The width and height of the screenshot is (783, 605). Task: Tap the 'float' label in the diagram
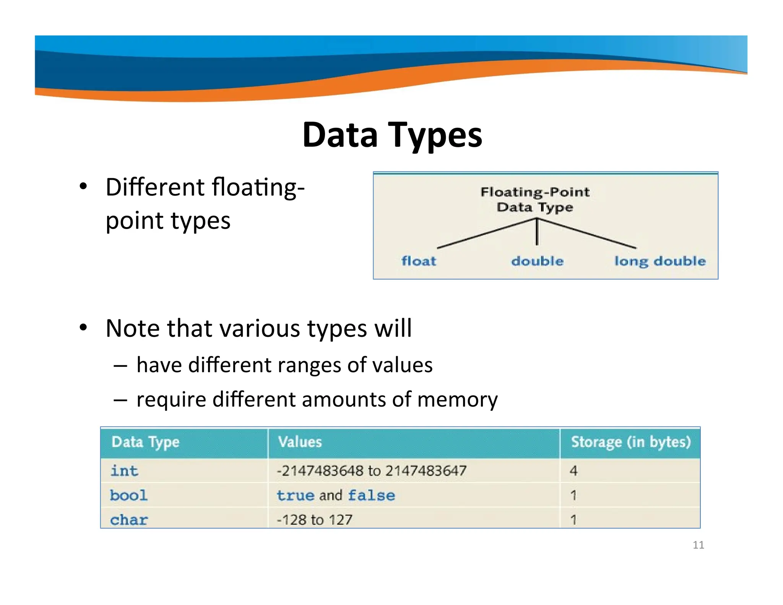coord(418,261)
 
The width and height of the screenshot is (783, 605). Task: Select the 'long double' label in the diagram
coord(660,261)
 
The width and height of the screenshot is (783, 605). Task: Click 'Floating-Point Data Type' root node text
coord(535,199)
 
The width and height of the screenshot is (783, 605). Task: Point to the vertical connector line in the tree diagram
coord(537,233)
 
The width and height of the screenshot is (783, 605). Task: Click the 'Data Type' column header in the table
coord(145,442)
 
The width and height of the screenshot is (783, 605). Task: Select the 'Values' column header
coord(300,442)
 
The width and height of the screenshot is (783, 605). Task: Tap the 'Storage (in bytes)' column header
coord(630,442)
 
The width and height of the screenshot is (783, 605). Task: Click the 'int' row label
coord(124,471)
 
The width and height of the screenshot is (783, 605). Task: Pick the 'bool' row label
coord(128,495)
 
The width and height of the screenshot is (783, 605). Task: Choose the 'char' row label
coord(129,520)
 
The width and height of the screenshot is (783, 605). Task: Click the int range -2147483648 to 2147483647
coord(372,471)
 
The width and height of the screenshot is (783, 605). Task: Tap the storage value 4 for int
coord(573,471)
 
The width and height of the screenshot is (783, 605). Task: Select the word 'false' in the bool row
coord(371,495)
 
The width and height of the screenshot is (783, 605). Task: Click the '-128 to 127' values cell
coord(314,520)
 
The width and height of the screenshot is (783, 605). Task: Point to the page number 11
coord(698,545)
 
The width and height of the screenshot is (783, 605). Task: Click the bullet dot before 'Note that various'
coord(83,328)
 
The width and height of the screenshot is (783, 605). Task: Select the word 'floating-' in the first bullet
coord(258,187)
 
